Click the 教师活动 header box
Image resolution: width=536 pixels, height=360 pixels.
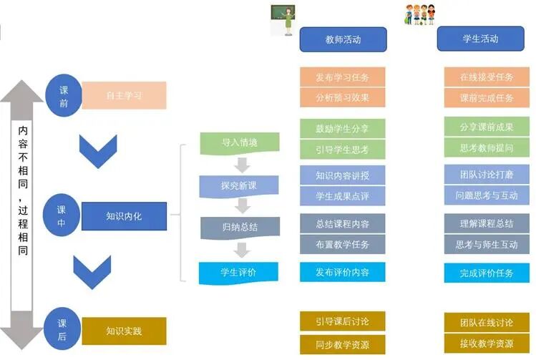pos(343,39)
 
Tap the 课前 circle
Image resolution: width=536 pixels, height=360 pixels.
pos(64,96)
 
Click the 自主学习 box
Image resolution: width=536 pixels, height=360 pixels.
pos(125,95)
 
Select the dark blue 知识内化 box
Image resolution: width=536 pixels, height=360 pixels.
pos(125,216)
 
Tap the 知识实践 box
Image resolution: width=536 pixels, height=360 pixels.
pos(125,331)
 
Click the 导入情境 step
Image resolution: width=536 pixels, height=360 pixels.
pos(239,142)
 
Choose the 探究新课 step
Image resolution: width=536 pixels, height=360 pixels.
pos(239,186)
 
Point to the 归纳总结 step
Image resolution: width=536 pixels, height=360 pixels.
pos(239,228)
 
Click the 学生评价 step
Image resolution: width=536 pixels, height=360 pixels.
pos(239,272)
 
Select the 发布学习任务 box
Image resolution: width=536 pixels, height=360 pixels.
pos(343,77)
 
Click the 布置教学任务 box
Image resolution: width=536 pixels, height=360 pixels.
pos(343,243)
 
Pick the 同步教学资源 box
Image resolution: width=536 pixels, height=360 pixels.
pos(343,344)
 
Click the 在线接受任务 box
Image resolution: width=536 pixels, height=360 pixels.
pos(487,77)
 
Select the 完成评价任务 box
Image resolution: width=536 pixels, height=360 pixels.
pos(487,273)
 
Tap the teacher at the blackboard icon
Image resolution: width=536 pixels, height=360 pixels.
pos(283,19)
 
